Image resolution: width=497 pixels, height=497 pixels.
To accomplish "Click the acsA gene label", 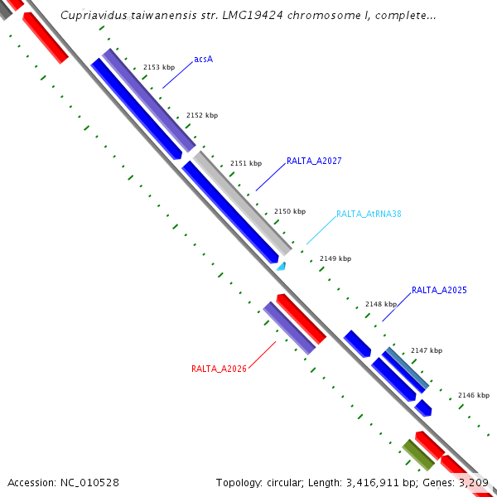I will click(203, 60).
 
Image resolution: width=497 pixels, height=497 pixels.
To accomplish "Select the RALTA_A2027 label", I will click(314, 161).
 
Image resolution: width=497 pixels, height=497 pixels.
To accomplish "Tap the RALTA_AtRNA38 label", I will click(369, 214).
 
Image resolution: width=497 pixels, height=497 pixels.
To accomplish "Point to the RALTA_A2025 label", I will click(439, 290).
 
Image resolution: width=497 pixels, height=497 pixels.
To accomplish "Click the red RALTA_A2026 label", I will click(219, 369).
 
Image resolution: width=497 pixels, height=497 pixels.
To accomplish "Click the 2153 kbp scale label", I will click(159, 66).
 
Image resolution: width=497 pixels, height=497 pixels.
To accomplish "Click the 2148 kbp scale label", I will click(381, 304).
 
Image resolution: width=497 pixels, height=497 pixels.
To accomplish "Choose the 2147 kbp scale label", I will click(427, 350).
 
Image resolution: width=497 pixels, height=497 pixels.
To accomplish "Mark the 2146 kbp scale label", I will click(474, 396).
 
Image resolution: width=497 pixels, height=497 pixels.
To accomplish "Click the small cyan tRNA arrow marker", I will click(282, 266).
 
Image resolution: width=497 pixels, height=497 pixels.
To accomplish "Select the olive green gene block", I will click(417, 455).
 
